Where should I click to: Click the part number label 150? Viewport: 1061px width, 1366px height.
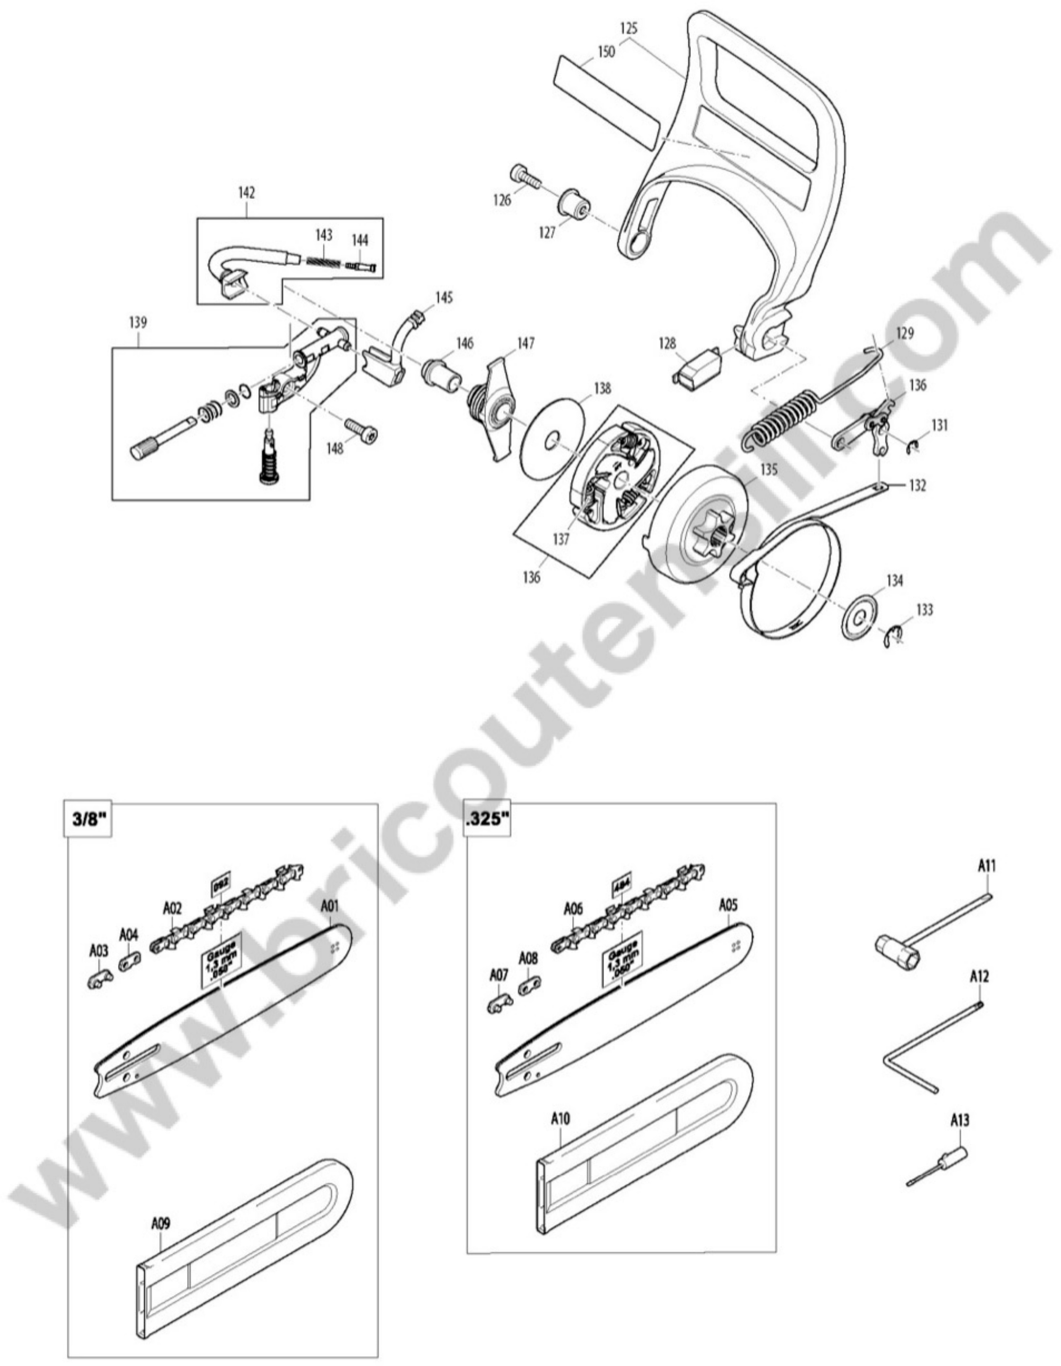(606, 51)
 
